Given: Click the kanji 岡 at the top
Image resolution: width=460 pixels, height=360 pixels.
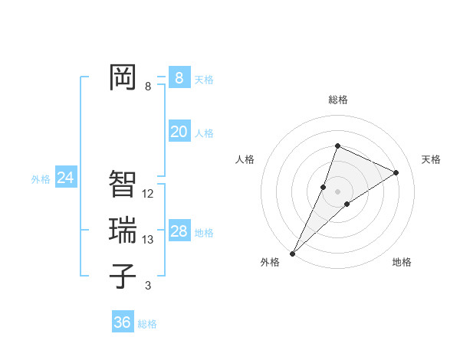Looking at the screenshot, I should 123,77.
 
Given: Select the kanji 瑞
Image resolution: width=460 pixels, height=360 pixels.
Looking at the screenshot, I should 123,231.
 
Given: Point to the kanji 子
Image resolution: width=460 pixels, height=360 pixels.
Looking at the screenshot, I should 123,277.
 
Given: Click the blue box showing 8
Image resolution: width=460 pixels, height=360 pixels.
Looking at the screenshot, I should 179,77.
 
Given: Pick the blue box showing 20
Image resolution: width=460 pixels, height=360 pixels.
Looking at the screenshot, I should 179,132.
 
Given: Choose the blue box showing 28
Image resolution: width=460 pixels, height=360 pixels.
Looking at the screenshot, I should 179,231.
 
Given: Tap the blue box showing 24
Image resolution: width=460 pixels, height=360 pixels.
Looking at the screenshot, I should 65,178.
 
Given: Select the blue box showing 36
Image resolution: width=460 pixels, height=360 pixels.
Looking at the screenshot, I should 122,322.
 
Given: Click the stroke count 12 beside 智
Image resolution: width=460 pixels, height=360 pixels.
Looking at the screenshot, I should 148,194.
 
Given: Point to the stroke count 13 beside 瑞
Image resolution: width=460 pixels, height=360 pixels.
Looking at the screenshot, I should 148,240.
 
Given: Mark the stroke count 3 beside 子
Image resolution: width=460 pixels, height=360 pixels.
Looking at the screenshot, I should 148,286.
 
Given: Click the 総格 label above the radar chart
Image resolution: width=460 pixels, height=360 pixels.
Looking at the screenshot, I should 338,100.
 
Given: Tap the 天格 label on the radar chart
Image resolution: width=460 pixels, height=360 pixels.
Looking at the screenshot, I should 431,159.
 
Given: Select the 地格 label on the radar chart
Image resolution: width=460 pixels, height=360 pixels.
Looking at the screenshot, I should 402,262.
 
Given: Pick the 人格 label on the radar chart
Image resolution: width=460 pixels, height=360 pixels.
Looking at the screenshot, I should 245,159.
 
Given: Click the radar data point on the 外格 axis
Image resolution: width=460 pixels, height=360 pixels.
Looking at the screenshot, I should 293,253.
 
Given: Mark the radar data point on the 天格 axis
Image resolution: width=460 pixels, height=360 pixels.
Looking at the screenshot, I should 396,172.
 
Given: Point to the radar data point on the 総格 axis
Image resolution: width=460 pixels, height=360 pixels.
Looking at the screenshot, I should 337,146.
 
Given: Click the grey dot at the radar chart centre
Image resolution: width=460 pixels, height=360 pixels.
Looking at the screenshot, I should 337,191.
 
